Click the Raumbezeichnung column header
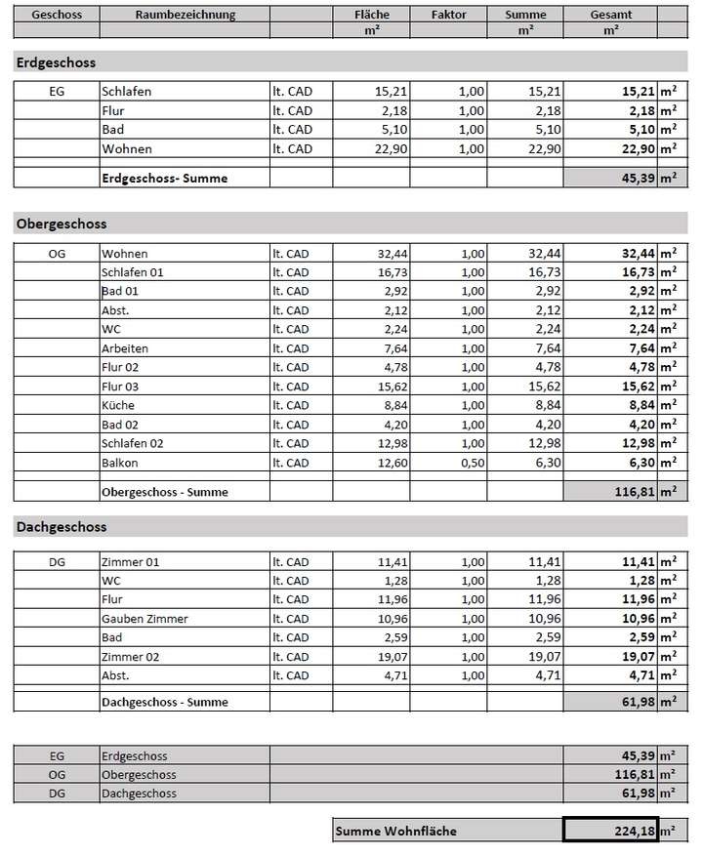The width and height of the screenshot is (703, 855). click(x=185, y=15)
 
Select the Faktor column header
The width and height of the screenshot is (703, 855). click(x=448, y=15)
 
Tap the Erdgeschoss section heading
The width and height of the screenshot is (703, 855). click(x=56, y=62)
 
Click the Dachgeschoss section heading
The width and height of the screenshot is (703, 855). click(x=62, y=527)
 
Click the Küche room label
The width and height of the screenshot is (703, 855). click(x=117, y=405)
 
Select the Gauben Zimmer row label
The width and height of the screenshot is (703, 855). click(x=145, y=619)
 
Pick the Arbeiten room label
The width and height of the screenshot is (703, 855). click(x=125, y=348)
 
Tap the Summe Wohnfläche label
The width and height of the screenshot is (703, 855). click(x=395, y=832)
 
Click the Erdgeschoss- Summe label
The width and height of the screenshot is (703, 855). click(x=165, y=179)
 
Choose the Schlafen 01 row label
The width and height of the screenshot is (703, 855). click(x=132, y=272)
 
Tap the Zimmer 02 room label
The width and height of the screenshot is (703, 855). click(x=130, y=657)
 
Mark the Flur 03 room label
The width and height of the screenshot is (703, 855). click(x=120, y=387)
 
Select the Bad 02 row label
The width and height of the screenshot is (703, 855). click(x=120, y=425)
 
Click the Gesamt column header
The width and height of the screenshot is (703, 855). click(x=610, y=15)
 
